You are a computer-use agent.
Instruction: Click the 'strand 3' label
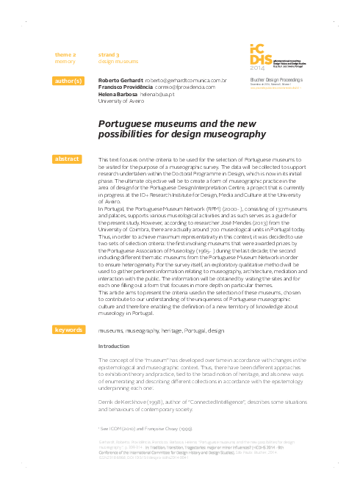point(109,55)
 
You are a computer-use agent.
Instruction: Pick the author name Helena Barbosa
point(117,94)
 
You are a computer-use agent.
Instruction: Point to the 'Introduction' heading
point(113,346)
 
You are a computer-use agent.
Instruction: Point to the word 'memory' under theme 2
point(65,62)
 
